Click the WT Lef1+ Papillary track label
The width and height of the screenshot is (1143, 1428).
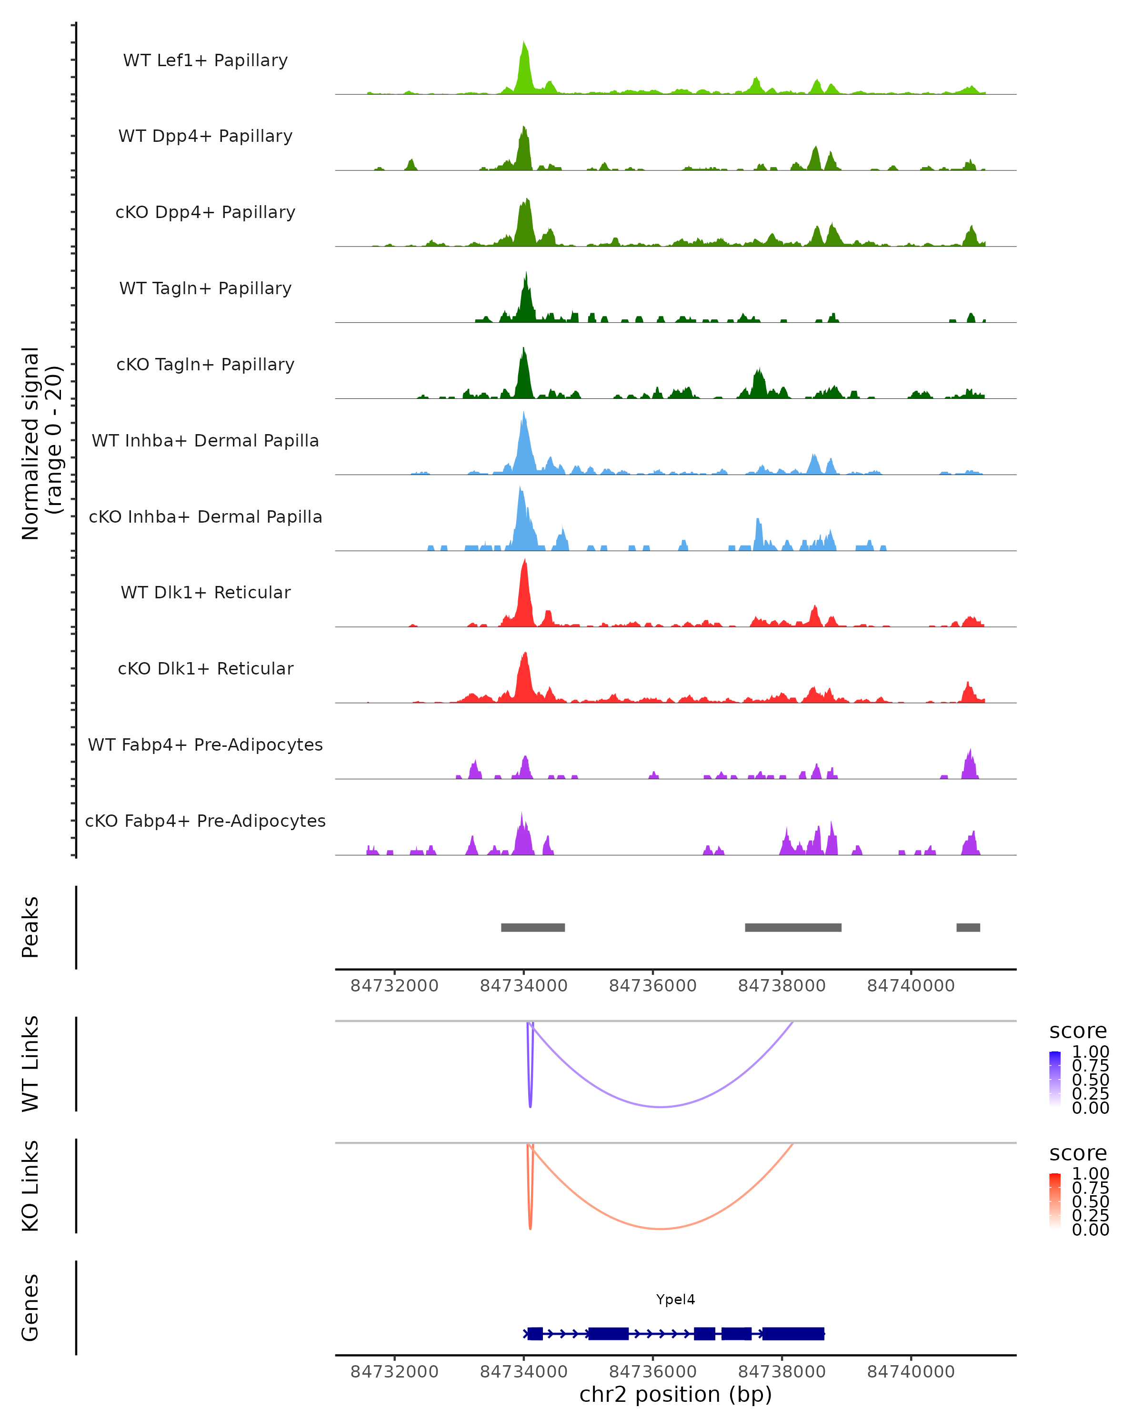point(205,60)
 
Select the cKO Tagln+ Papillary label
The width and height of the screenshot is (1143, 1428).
point(205,364)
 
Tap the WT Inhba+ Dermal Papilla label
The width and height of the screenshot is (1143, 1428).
point(205,440)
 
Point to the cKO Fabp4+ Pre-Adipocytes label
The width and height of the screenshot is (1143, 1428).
point(205,821)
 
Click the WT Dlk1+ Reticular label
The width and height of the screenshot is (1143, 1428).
point(205,592)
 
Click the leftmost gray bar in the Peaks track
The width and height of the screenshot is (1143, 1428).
point(533,927)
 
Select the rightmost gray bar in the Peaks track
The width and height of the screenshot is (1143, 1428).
point(968,927)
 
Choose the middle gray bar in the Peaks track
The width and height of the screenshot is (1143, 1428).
point(793,927)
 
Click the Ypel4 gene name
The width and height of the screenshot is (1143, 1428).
point(675,1299)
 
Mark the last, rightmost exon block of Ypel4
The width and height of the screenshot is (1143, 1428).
point(793,1333)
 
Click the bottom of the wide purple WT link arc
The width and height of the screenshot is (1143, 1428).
point(662,1107)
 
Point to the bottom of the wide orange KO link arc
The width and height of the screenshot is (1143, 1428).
point(662,1229)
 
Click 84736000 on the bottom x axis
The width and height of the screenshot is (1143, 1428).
point(652,1371)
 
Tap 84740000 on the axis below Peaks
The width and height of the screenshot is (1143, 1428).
point(911,986)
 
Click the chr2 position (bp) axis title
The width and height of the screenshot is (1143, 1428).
point(675,1395)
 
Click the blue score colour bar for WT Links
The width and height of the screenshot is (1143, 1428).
point(1055,1078)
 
